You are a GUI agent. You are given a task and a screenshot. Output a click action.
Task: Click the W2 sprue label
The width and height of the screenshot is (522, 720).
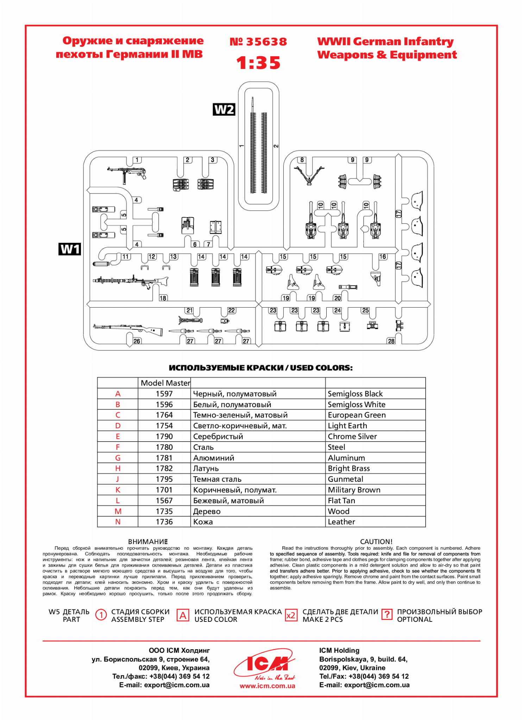coord(224,109)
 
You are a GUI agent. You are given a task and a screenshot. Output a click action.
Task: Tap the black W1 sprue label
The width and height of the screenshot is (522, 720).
coord(70,249)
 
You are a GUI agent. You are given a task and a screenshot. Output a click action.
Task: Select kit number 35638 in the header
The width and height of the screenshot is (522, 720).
coord(258,42)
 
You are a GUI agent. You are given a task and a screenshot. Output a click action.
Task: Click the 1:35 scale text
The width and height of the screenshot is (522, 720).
coord(258,63)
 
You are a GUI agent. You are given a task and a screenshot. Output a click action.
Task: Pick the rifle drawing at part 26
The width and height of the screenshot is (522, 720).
coord(128,329)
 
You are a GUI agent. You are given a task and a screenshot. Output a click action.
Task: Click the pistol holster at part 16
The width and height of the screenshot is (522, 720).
coord(376,277)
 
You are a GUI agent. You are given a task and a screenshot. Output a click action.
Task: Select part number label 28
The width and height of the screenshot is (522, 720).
coord(391,341)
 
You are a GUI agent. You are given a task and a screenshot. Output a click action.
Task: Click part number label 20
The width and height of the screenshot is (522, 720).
coord(338,298)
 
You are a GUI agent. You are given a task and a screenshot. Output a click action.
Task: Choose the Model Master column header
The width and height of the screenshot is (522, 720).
coord(165,383)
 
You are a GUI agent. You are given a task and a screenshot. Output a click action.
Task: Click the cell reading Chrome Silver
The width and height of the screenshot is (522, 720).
coord(352,436)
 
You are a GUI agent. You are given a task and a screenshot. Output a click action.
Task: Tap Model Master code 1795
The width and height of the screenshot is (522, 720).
coord(164,479)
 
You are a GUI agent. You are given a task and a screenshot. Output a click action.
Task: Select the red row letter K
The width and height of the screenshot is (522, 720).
coord(118,490)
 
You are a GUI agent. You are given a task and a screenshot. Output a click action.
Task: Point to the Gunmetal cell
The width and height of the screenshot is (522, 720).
coord(345,479)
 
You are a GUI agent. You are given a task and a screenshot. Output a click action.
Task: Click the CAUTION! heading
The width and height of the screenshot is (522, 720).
coord(376,542)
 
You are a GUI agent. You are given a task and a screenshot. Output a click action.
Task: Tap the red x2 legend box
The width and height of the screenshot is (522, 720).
coord(291,615)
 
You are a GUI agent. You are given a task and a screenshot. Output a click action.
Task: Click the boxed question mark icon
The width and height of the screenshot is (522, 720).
coord(386,615)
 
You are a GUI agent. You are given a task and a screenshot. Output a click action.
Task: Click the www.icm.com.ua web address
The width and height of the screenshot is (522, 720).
coord(267,686)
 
